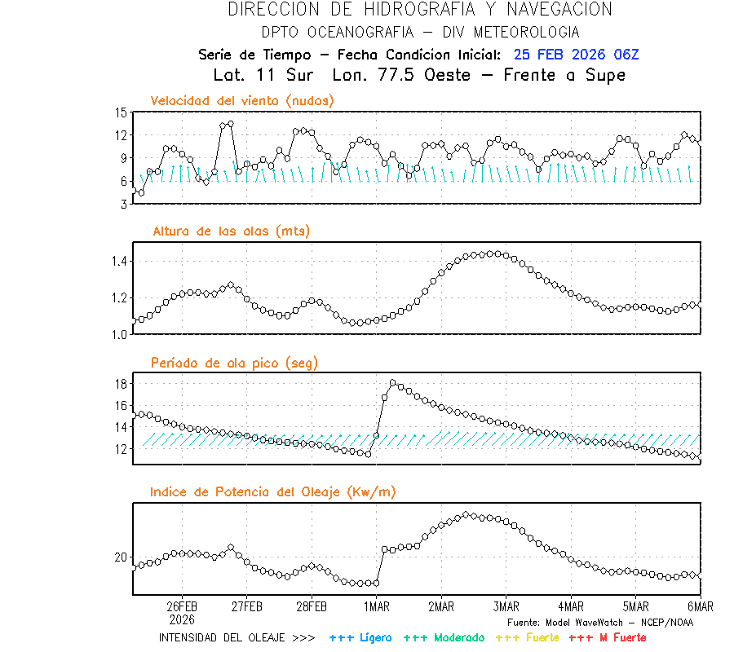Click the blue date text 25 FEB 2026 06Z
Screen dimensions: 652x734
coord(576,55)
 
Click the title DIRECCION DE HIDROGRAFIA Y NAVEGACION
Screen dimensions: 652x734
coord(420,10)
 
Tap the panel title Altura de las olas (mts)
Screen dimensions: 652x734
coord(231,231)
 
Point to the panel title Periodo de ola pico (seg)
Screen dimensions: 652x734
coord(234,363)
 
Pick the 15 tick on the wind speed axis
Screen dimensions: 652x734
coord(121,112)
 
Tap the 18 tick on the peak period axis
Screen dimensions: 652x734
coord(121,383)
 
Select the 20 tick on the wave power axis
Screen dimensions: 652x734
coord(121,557)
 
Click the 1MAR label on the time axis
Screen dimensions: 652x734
coord(376,607)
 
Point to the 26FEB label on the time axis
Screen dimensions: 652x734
coord(182,607)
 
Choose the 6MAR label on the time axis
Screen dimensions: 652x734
coord(700,607)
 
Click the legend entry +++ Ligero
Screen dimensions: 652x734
coord(360,637)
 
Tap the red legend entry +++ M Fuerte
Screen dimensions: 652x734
coord(607,637)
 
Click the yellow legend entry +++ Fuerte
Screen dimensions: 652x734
coord(528,637)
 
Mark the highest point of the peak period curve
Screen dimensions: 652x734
coord(393,382)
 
